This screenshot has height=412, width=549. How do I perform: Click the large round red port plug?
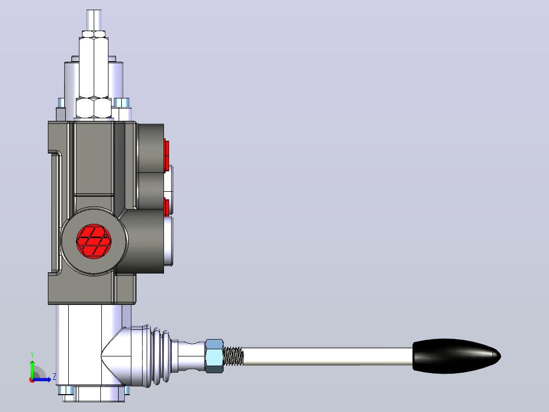(x=94, y=241)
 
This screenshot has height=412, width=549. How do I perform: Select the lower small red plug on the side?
(x=167, y=207)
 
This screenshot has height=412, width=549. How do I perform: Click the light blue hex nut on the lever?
(x=214, y=355)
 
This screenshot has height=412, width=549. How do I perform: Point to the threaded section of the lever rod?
(x=233, y=356)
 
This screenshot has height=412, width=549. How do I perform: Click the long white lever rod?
(x=328, y=356)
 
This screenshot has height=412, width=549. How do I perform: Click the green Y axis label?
(x=32, y=355)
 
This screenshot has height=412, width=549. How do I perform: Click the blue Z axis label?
(x=54, y=377)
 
